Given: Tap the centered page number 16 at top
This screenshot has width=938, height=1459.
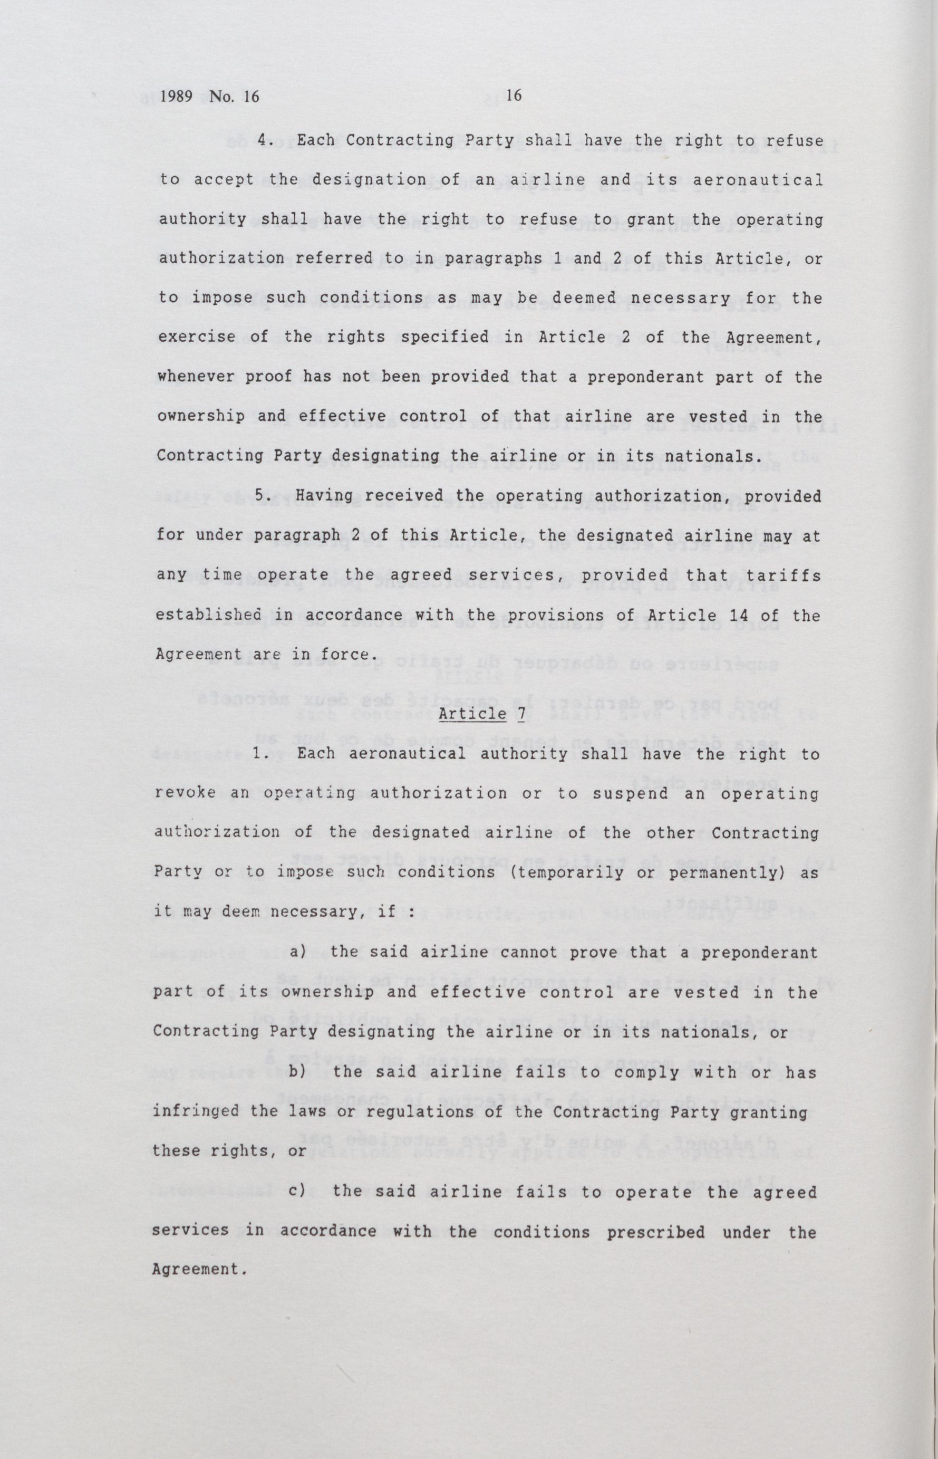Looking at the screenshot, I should (x=515, y=94).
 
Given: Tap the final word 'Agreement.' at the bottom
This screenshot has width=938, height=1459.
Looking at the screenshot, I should (x=200, y=1269).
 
